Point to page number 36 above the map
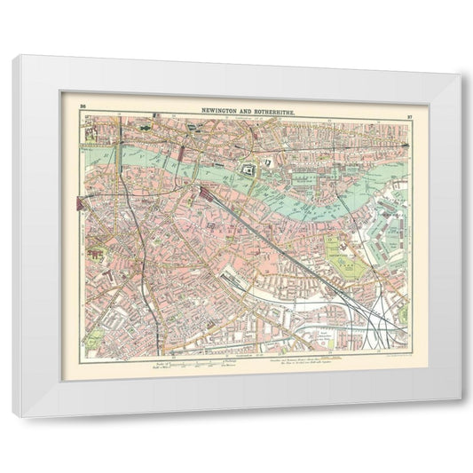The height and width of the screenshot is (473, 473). (83, 106)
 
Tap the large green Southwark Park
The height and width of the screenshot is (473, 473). (341, 256)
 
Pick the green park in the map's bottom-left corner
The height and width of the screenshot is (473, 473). (92, 341)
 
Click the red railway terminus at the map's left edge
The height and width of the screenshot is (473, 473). (84, 204)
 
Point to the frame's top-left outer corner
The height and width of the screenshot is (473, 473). (12, 55)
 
